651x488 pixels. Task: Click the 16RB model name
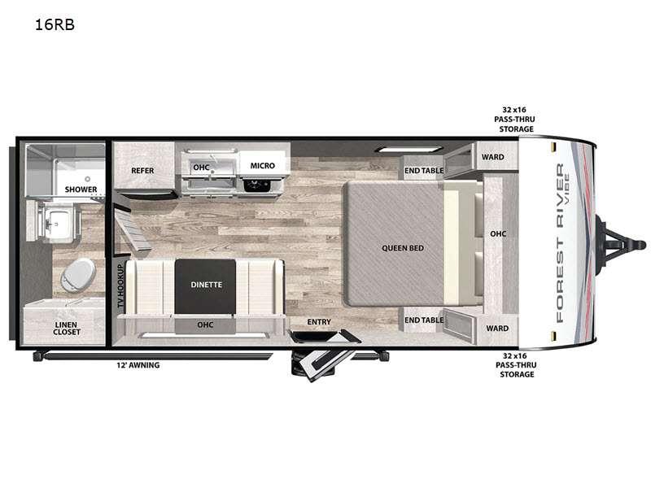coord(55,25)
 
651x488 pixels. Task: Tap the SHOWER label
coord(81,190)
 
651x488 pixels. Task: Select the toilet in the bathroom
coord(78,275)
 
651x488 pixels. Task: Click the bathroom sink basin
coord(58,223)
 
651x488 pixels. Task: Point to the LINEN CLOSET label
coord(67,329)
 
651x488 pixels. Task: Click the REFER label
coord(142,171)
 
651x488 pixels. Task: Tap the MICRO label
coord(262,166)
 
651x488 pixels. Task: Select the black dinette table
coord(205,286)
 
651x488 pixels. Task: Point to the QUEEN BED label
coord(403,248)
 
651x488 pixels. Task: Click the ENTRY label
coord(319,321)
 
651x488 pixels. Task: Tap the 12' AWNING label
coord(138,365)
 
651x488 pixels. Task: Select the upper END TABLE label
coord(424,171)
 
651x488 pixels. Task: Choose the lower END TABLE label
coord(424,320)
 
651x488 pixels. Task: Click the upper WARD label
coord(493,157)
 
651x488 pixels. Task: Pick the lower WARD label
coord(497,329)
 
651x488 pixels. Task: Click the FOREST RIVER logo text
coord(560,242)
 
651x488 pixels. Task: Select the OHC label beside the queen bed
coord(498,234)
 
